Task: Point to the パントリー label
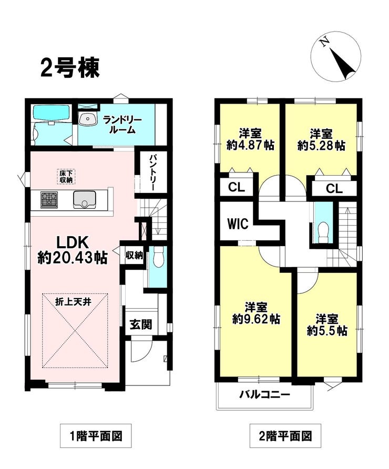coord(152,173)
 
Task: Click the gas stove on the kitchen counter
coord(49,200)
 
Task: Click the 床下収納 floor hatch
coord(66,177)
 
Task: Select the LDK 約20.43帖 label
coord(73,250)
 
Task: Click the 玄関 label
coord(140,324)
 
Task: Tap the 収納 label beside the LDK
coord(134,255)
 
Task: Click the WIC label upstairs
coord(238,223)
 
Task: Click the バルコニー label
coord(265,395)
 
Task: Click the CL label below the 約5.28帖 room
coord(334,189)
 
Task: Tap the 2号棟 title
coord(70,68)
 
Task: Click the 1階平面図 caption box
coord(96,436)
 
